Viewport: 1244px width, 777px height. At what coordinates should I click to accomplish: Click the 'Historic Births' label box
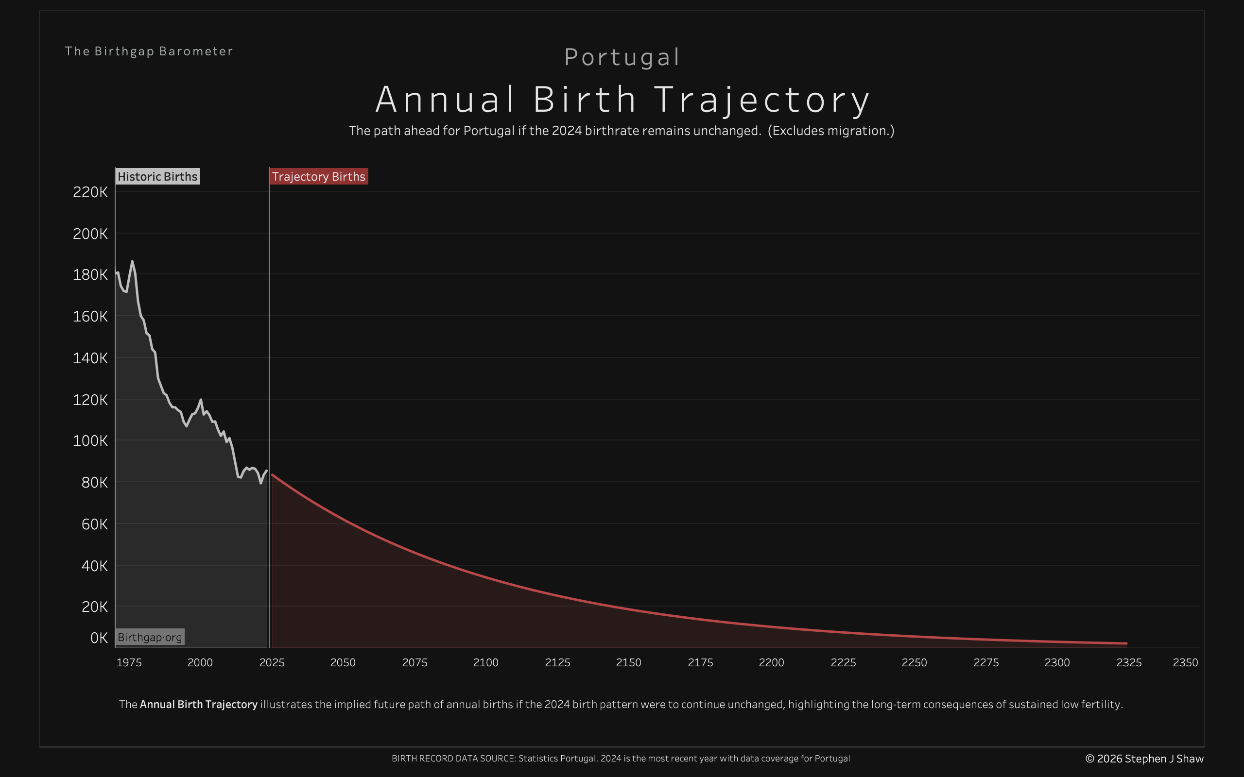(x=157, y=176)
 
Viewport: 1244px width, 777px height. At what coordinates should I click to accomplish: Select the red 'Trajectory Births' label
(x=319, y=176)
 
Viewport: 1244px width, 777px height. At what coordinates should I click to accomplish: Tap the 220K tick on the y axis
(x=90, y=192)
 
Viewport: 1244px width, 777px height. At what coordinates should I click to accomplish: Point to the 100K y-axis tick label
(x=90, y=441)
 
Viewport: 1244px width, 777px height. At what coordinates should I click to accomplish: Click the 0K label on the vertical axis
(x=99, y=638)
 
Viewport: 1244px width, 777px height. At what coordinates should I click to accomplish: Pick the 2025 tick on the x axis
(x=272, y=662)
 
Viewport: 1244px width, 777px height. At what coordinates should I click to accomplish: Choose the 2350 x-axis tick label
(x=1185, y=662)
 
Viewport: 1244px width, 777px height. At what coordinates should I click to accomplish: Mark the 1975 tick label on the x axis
(x=129, y=662)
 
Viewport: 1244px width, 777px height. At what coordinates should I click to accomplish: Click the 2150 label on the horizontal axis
(x=629, y=662)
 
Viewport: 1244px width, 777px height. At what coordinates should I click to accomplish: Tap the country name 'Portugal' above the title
(x=622, y=57)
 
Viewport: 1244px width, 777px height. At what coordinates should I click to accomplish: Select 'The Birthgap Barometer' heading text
(x=149, y=51)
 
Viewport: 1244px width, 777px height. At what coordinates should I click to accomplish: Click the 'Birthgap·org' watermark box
(x=150, y=637)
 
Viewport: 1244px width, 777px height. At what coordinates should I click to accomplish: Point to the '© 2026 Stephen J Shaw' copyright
(x=1144, y=759)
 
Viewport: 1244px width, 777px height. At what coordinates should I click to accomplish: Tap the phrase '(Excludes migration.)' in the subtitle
(x=830, y=131)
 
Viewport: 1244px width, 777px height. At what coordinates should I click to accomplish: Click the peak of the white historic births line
(x=132, y=262)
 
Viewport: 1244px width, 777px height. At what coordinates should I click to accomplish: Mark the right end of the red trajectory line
(x=1126, y=643)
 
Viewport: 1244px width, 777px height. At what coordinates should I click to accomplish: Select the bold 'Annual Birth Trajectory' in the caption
(x=198, y=704)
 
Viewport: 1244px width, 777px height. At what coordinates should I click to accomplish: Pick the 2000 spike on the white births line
(x=201, y=400)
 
